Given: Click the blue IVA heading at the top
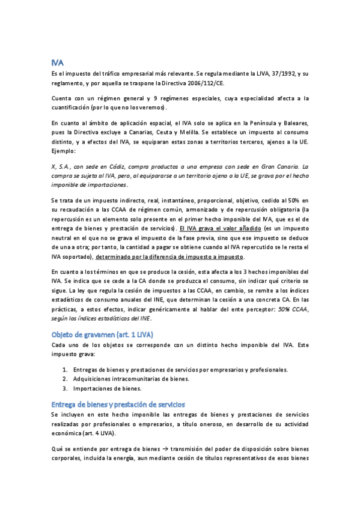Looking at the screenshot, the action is pos(58,62).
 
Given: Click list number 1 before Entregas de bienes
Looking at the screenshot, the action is pos(65,370).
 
